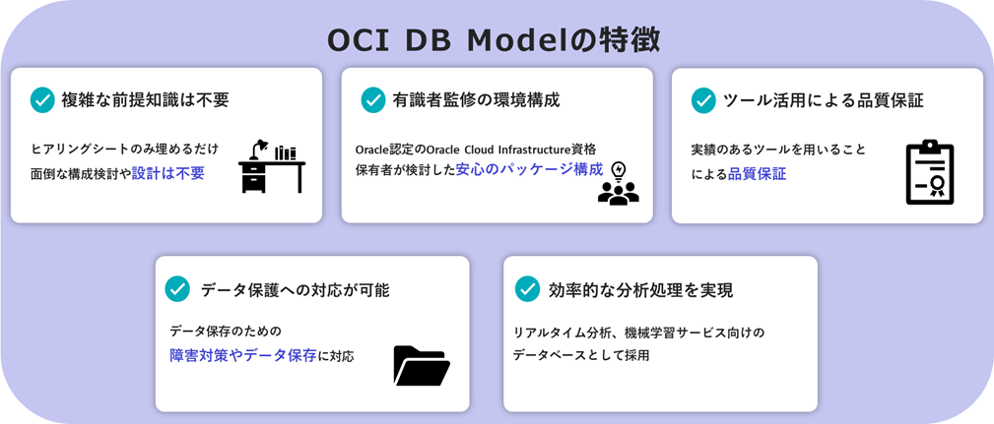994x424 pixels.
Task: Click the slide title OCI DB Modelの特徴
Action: point(494,39)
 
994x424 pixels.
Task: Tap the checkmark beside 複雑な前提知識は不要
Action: point(42,100)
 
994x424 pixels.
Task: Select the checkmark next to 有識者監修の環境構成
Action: point(373,100)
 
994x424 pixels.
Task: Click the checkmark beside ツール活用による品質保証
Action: point(703,100)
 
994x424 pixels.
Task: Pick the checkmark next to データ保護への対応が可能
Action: point(177,288)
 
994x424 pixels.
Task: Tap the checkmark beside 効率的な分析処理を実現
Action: point(527,288)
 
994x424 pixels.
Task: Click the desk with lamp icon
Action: point(271,166)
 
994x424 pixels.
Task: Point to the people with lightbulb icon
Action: point(618,184)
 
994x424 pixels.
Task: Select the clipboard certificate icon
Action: point(929,172)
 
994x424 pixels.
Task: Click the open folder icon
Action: point(421,365)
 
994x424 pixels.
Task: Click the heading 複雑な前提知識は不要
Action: point(145,100)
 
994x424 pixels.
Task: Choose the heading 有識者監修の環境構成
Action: point(476,100)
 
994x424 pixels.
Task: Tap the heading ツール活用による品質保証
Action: point(823,100)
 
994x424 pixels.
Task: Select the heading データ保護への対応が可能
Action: point(295,289)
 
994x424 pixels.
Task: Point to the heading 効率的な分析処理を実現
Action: point(640,290)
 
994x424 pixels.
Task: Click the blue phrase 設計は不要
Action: point(168,173)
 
